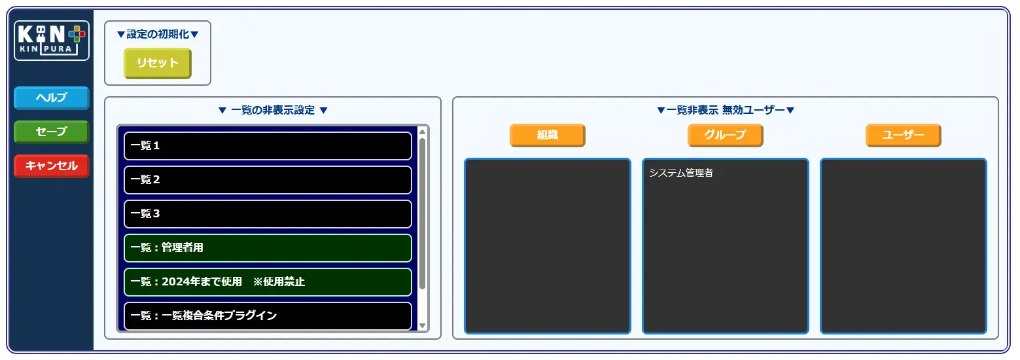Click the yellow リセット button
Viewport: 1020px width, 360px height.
(158, 63)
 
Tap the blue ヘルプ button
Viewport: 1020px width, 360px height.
(52, 98)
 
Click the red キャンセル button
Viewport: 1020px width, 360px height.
(52, 166)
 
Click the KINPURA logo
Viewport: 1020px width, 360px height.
(52, 41)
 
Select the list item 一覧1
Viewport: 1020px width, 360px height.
(268, 146)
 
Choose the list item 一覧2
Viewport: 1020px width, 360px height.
(268, 179)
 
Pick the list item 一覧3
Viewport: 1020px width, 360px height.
(268, 214)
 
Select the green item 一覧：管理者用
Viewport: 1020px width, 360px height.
(268, 248)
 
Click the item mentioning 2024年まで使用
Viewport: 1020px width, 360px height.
(268, 281)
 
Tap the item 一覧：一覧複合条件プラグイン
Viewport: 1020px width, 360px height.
(268, 315)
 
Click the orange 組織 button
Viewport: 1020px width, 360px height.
(548, 135)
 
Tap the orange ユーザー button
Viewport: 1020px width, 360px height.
(904, 135)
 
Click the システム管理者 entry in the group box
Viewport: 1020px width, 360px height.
(680, 173)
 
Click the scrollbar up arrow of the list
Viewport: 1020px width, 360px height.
(422, 132)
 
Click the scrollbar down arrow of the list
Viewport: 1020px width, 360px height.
(422, 325)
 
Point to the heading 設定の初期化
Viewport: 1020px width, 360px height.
(158, 34)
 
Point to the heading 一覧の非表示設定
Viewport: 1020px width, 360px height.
(273, 110)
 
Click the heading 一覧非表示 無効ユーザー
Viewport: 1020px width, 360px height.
(726, 110)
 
